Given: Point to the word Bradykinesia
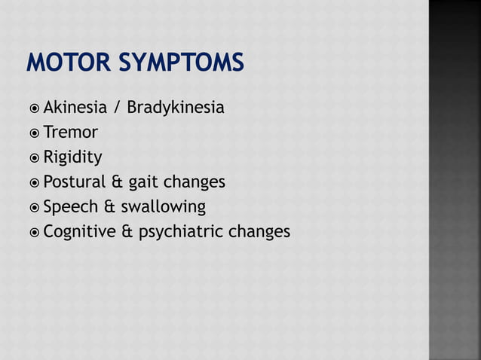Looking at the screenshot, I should [x=175, y=108].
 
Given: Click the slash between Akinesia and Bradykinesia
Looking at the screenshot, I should [x=117, y=108].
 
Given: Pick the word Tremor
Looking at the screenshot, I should [x=70, y=133].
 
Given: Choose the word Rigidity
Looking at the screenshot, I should [x=72, y=157].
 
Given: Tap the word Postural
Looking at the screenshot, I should [x=74, y=182].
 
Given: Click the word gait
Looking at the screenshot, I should [x=144, y=183].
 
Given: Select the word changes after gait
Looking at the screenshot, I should [x=195, y=182].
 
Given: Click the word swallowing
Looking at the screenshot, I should [x=163, y=207].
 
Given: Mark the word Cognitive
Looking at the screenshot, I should [x=78, y=232].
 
